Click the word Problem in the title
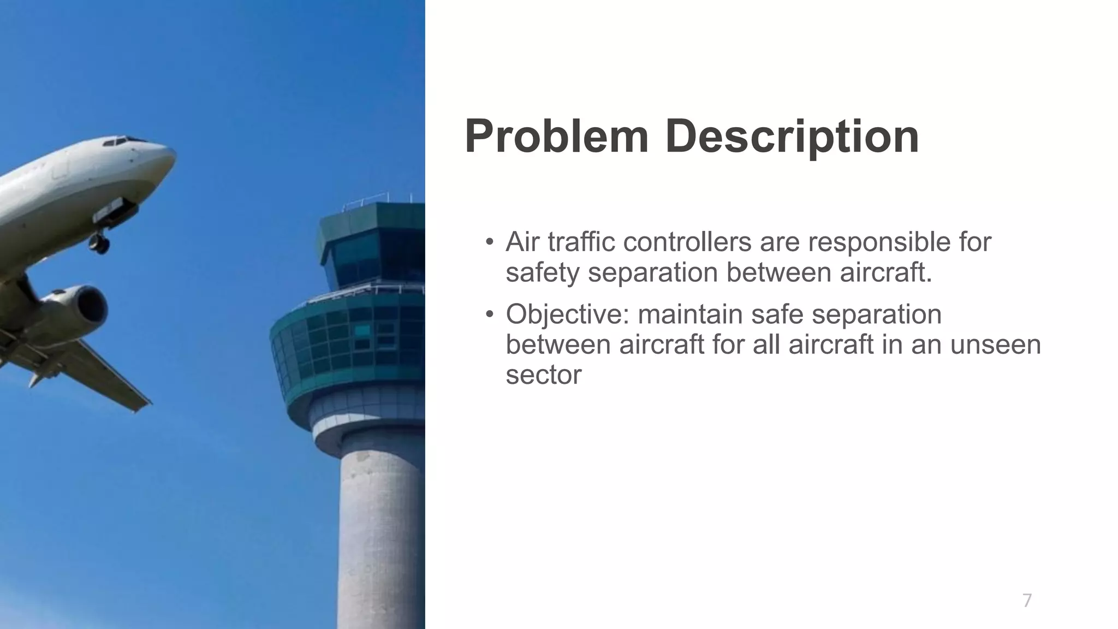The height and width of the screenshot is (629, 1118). (556, 138)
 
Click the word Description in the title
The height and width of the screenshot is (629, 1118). (792, 138)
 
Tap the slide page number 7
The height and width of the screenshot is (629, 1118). (1027, 600)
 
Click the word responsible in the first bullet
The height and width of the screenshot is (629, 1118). (876, 242)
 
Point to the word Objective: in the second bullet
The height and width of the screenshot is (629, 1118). (568, 315)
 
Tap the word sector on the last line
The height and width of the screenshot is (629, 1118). (543, 375)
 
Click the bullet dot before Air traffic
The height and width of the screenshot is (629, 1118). (490, 242)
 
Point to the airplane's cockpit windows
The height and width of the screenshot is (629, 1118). (121, 141)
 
